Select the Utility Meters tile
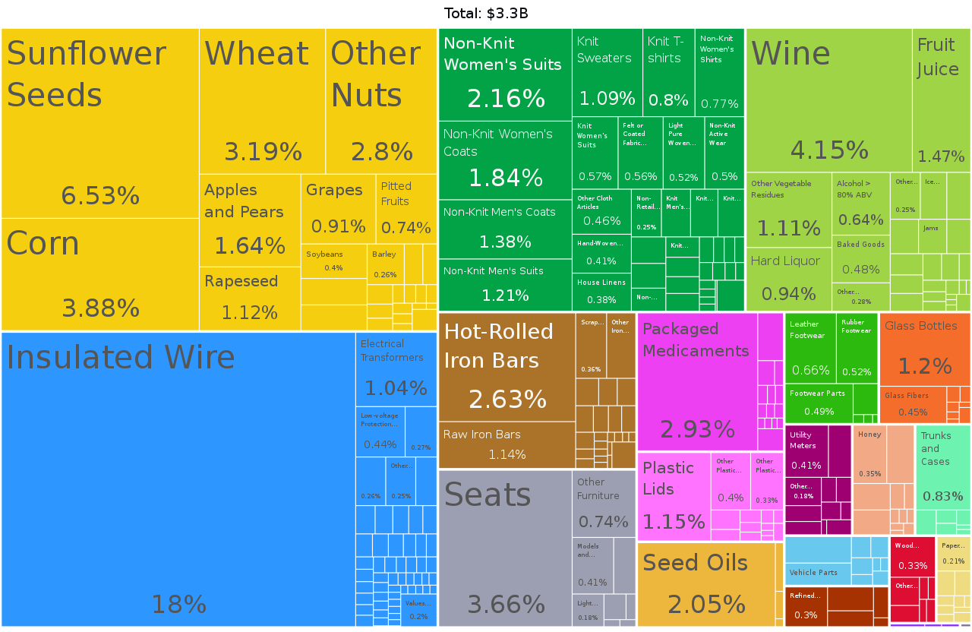[817, 463]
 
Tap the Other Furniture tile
[604, 502]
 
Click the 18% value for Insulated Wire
[178, 605]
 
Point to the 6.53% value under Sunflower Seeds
[100, 196]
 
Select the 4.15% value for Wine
[829, 150]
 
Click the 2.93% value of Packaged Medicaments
[697, 430]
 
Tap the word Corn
[43, 244]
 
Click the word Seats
[488, 495]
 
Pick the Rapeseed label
[241, 281]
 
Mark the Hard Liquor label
[785, 261]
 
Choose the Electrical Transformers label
[392, 350]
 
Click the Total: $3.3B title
[486, 13]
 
